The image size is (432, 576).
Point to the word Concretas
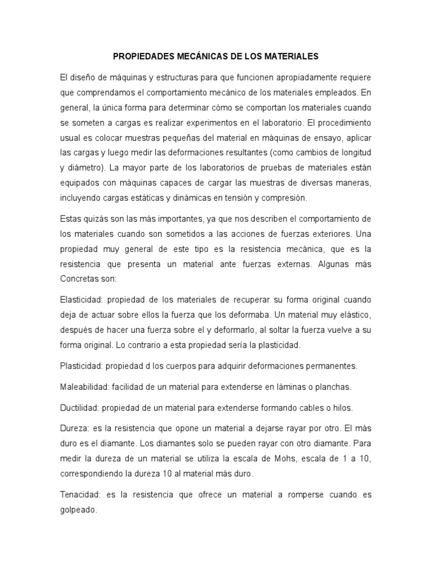click(79, 278)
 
